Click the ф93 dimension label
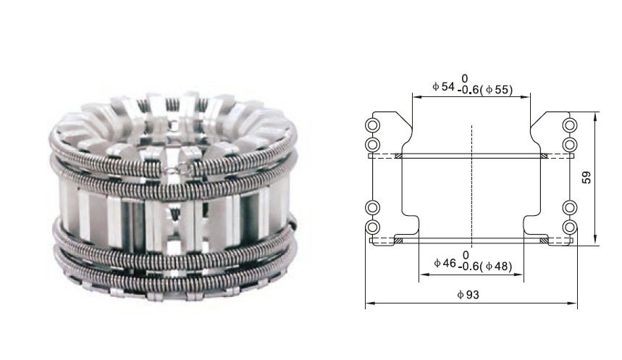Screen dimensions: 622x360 (x=468, y=295)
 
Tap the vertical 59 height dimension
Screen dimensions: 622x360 (x=587, y=177)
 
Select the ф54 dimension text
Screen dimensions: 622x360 (x=443, y=86)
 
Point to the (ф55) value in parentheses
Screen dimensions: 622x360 (x=496, y=90)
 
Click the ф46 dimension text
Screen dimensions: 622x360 (x=445, y=263)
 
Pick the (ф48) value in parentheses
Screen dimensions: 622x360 (x=496, y=266)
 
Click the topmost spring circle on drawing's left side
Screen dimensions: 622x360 (x=372, y=125)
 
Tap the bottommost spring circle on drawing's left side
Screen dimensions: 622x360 (x=372, y=227)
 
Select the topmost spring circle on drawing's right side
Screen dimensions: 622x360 (x=570, y=125)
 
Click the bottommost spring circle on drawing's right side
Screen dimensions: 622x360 (x=570, y=227)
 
